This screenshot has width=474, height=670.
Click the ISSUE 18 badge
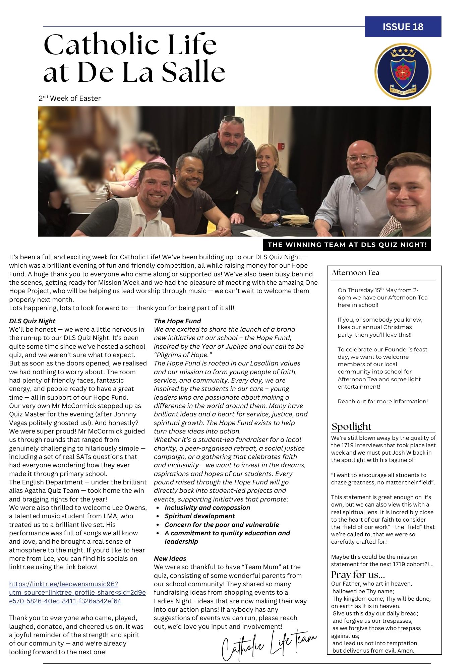[403, 27]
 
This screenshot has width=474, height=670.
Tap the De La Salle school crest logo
[403, 72]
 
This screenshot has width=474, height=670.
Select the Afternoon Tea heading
[355, 273]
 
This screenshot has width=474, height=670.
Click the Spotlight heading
[351, 426]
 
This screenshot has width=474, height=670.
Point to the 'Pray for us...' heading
[358, 575]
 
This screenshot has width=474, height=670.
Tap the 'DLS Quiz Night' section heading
[32, 321]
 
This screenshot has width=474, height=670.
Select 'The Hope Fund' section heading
[177, 321]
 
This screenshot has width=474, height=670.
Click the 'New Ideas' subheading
[170, 558]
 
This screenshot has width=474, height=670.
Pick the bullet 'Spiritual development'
[199, 516]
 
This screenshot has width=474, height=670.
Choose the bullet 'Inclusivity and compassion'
[207, 508]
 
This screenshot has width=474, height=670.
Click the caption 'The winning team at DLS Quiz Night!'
[347, 245]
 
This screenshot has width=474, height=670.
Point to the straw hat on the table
[295, 220]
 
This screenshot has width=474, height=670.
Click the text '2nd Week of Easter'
[70, 98]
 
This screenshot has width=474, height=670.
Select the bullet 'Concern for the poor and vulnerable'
[222, 525]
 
